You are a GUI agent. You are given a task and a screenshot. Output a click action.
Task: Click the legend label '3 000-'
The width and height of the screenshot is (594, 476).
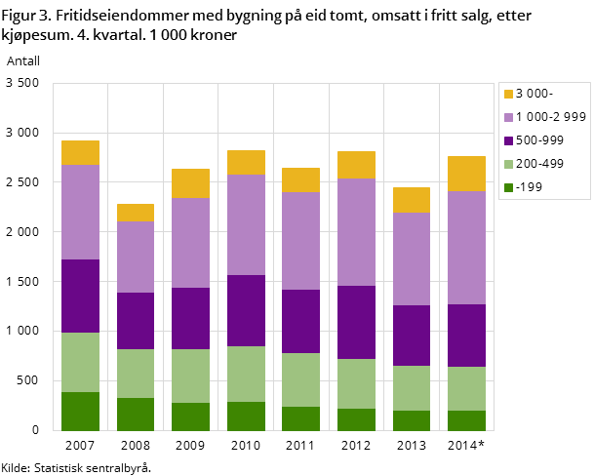(x=534, y=94)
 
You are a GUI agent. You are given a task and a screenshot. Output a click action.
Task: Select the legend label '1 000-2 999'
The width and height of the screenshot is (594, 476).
(x=550, y=117)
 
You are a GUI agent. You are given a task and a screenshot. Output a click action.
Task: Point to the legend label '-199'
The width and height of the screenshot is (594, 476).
(x=529, y=187)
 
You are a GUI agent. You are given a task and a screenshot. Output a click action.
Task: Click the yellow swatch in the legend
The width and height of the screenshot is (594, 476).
(x=508, y=94)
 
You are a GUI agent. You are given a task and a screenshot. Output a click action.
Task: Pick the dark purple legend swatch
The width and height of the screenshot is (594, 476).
(x=508, y=140)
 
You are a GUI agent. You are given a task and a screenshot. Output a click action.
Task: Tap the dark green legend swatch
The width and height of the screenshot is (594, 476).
(x=508, y=187)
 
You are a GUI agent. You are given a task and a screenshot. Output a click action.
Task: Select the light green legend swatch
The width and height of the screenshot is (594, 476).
(x=508, y=164)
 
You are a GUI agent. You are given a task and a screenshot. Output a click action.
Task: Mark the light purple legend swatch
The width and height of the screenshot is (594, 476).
(x=508, y=117)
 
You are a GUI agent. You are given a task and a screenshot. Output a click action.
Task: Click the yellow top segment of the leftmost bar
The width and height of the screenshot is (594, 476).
(x=80, y=152)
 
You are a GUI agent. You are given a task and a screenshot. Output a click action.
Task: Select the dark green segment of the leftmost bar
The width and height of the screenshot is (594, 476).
(x=80, y=411)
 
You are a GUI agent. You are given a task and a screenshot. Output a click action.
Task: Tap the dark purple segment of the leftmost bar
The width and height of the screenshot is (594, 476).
(x=80, y=296)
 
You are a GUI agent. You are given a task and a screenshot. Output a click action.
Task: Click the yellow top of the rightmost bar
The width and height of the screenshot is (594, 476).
(x=466, y=173)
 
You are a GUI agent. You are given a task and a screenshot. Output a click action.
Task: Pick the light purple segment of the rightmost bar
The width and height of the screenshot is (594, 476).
(x=466, y=247)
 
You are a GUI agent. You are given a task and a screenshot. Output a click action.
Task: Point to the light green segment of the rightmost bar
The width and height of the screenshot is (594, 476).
(x=466, y=388)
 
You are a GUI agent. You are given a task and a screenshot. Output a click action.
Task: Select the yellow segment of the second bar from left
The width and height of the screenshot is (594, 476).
(x=136, y=213)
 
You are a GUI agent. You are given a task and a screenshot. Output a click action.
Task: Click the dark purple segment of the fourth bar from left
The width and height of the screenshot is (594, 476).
(x=246, y=310)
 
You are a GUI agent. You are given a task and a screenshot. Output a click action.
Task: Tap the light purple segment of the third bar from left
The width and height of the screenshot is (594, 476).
(x=190, y=243)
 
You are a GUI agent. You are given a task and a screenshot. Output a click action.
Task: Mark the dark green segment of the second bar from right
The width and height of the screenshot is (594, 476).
(x=411, y=420)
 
